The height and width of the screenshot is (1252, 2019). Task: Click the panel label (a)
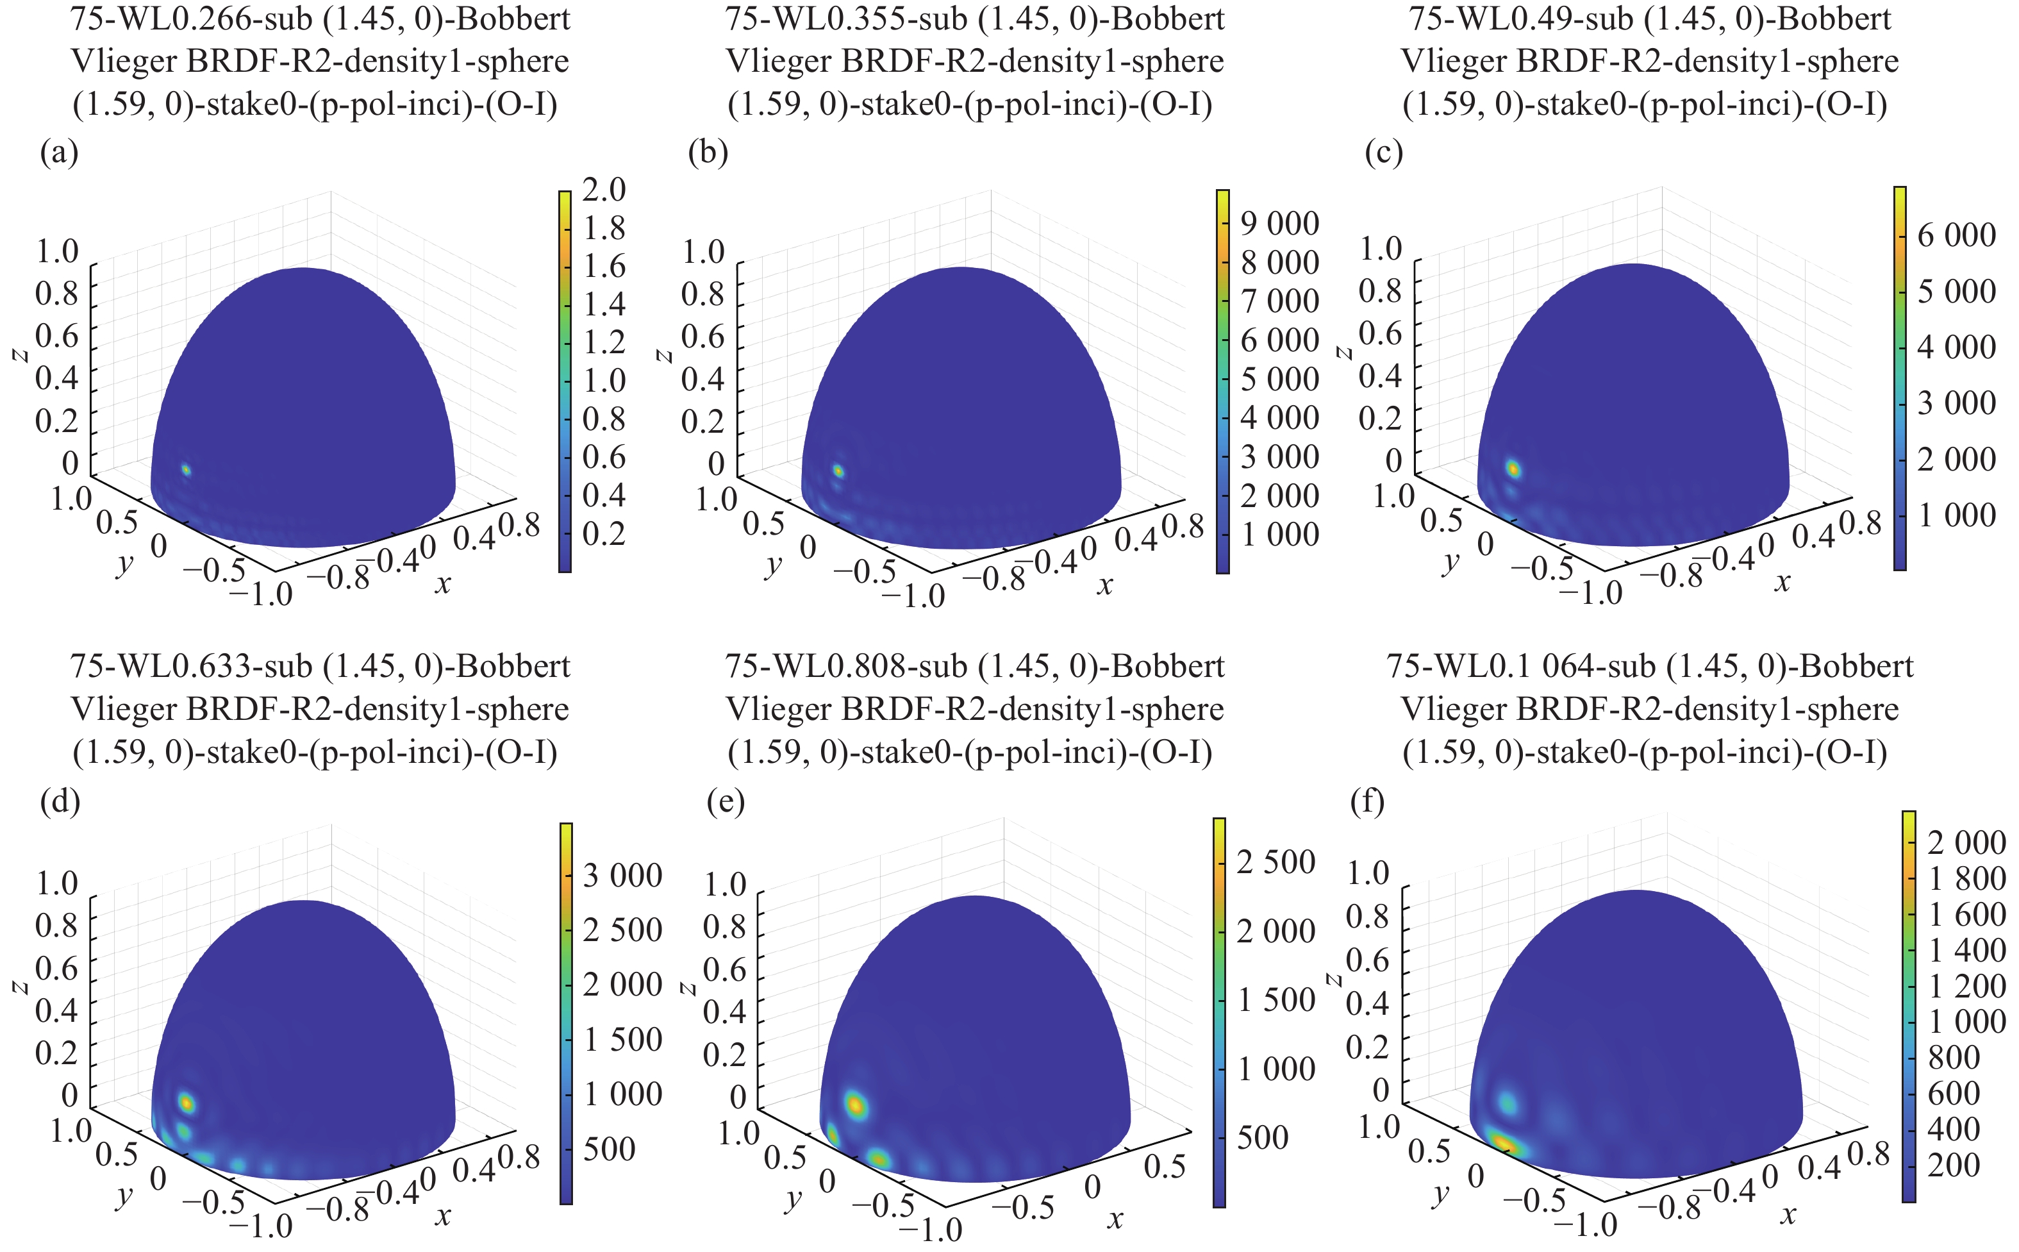click(59, 153)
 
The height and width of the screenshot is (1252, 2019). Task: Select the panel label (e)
click(725, 801)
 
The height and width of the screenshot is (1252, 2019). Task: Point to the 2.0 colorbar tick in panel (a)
click(604, 190)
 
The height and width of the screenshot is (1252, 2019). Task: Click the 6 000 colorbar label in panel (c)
click(1956, 235)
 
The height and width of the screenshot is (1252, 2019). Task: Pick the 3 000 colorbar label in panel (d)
click(622, 875)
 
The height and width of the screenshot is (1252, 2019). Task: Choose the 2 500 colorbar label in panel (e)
click(1275, 862)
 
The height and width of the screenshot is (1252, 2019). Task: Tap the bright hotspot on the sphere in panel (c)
click(1513, 469)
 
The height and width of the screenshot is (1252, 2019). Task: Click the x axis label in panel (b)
click(1105, 586)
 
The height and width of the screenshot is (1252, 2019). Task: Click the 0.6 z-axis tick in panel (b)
click(702, 336)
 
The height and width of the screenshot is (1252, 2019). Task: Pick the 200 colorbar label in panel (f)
click(1954, 1165)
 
